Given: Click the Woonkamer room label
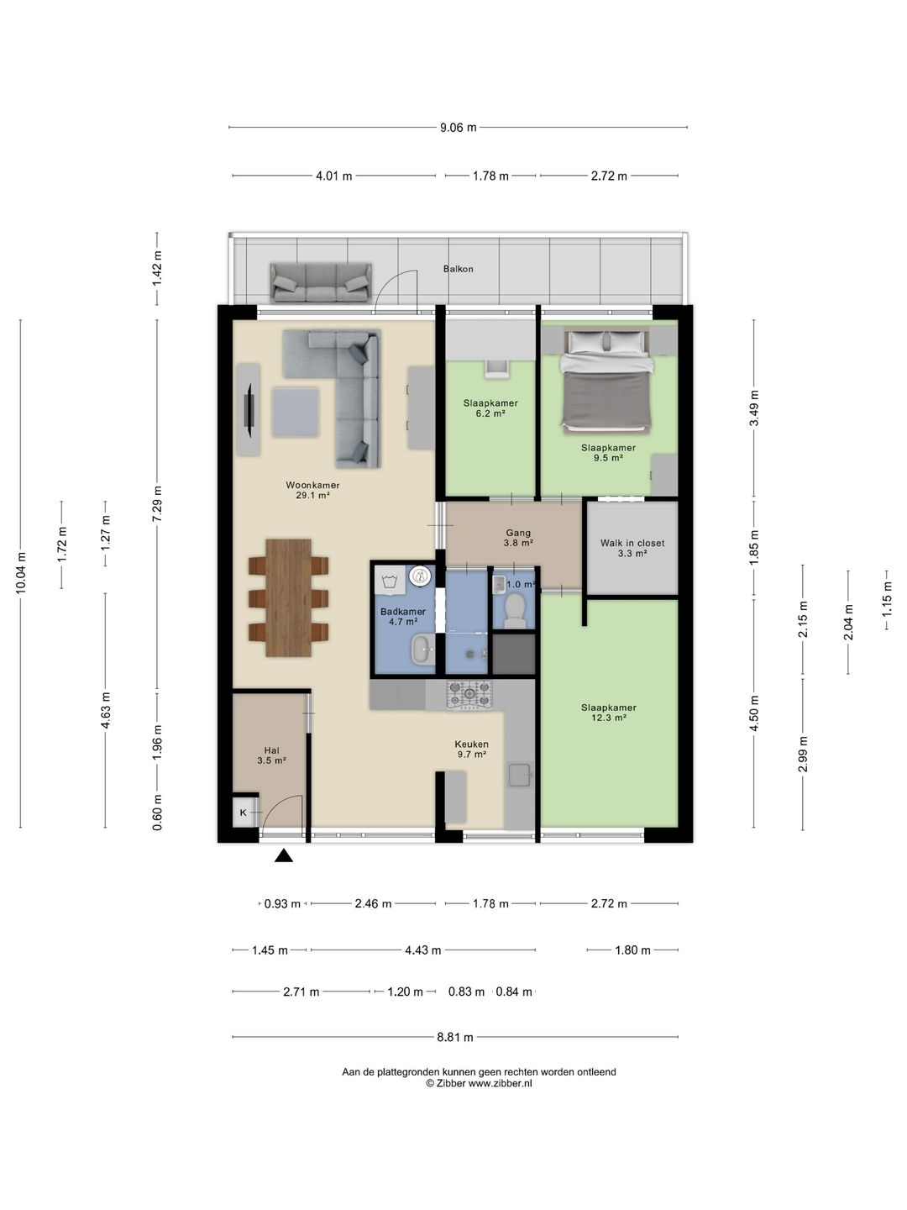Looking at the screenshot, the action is (x=312, y=485).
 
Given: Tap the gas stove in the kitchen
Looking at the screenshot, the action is (x=469, y=695).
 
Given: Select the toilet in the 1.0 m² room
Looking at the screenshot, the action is (x=515, y=612).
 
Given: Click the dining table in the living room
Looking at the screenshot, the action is (x=288, y=597).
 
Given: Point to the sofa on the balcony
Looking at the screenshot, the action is (x=321, y=283).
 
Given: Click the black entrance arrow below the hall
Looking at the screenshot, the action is (x=284, y=855).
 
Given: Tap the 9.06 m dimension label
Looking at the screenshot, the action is (x=458, y=128).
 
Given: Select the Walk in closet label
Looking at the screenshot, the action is (x=632, y=543).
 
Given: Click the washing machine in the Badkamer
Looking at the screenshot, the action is (x=390, y=581).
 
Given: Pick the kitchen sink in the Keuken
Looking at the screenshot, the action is (x=519, y=775).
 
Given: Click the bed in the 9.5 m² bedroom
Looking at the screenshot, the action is (x=606, y=381).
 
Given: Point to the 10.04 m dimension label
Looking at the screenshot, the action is (x=21, y=573).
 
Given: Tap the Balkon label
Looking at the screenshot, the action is (x=459, y=269).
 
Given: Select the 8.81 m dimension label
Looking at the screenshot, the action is (x=455, y=1037).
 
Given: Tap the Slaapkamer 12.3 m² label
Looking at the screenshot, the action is (x=609, y=713).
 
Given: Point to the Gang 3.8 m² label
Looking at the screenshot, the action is (x=518, y=538).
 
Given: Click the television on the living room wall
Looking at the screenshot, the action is (x=249, y=409).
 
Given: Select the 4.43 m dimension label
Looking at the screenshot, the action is (x=423, y=950).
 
